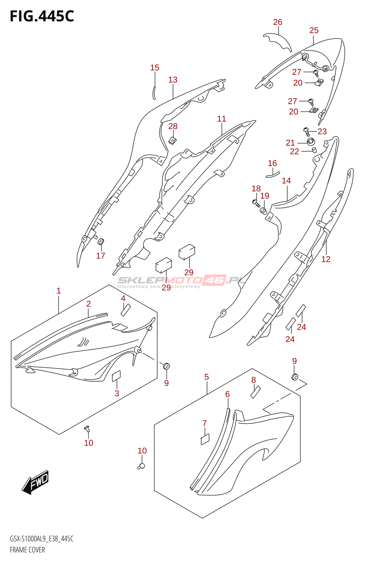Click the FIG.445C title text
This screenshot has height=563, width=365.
coord(42,16)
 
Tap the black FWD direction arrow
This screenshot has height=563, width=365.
coord(36,482)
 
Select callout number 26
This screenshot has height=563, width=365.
coord(278,22)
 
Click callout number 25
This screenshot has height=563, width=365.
coord(314,31)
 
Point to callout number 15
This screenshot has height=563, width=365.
coord(155,68)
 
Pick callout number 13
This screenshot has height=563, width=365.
coord(173,80)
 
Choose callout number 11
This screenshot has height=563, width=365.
coord(222,119)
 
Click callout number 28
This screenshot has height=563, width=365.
coord(173,126)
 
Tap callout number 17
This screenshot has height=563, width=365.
coord(101,256)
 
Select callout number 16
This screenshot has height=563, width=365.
coord(272,163)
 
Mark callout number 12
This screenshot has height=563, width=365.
coord(326,259)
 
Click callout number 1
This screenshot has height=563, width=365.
coord(59,291)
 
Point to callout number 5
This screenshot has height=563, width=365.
coord(206,377)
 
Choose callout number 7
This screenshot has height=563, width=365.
coord(204,423)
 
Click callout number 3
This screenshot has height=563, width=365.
coord(117,393)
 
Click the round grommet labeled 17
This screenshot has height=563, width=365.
coord(101,242)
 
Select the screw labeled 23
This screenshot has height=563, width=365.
coord(307,132)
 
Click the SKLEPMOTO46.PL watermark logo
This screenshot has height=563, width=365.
coord(181,281)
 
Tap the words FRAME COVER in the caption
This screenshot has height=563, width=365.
coord(27,550)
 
